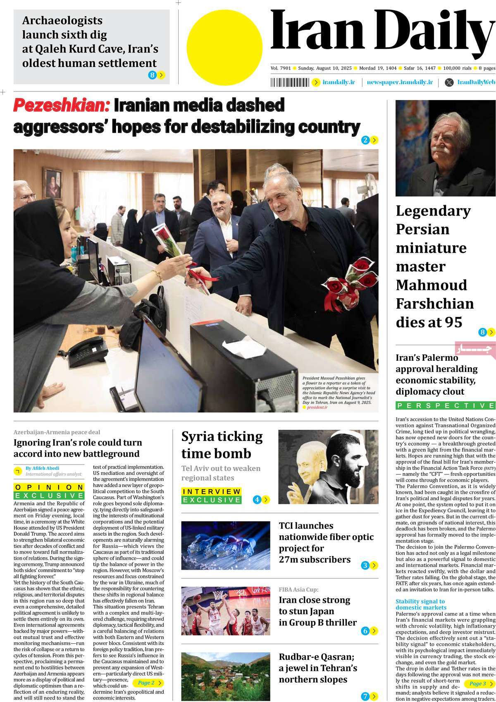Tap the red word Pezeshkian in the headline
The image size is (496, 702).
(61, 105)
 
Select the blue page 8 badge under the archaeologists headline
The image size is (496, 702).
(153, 75)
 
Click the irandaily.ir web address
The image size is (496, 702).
(339, 82)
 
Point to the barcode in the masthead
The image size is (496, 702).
(290, 82)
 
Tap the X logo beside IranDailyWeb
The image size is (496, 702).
(449, 82)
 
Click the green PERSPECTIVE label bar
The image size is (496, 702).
(445, 405)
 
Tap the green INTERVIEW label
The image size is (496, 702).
(212, 491)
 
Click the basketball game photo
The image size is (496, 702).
(226, 611)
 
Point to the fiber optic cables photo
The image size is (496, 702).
(226, 546)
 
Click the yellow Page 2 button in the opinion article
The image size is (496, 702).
(148, 683)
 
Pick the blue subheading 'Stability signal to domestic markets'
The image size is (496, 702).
(421, 604)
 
